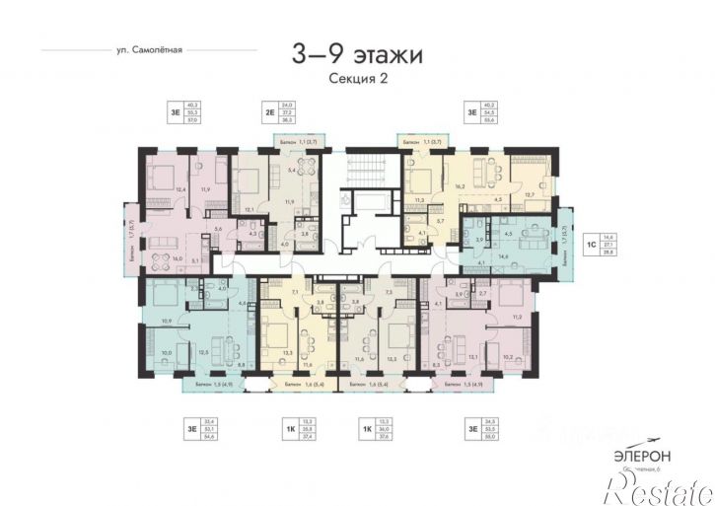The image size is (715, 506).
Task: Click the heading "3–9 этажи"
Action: pos(357,55)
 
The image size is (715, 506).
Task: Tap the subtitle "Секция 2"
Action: pos(357,81)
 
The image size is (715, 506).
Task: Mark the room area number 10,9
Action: pos(167,322)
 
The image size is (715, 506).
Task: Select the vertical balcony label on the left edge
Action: pos(132,236)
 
